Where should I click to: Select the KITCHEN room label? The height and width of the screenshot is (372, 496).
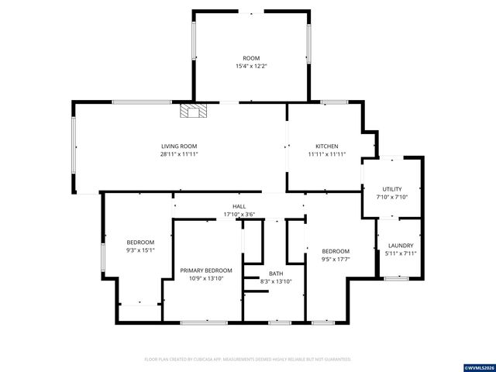point(326,146)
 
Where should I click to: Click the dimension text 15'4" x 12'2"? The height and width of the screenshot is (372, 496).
point(251,66)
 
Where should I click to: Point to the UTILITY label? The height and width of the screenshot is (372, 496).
point(392,189)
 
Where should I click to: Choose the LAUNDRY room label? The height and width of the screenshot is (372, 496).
point(401,246)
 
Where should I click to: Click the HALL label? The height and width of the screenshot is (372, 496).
point(239,206)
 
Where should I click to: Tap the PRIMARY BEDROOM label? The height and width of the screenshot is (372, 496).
point(206,270)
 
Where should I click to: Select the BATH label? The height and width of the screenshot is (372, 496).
point(276,274)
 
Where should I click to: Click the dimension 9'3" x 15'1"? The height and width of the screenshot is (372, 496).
point(140,250)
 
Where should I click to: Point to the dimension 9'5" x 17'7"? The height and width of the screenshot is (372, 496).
point(336,259)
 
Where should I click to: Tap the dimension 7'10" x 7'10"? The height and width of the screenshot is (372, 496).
point(392,197)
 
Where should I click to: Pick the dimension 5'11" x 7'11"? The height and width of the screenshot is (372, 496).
point(401,253)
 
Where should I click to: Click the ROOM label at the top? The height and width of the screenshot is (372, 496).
point(251,58)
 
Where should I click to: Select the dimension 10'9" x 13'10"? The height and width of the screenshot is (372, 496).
point(206,278)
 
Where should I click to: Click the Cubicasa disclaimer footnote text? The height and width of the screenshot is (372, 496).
point(248,360)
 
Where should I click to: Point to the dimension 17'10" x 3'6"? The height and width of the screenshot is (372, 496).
point(239,214)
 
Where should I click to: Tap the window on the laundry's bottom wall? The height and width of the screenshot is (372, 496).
point(397,277)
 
